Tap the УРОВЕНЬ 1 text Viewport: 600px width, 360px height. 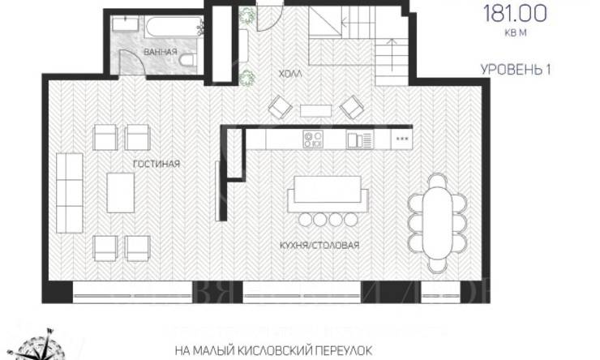tap(516, 70)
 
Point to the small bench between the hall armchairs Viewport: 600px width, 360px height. tap(311, 109)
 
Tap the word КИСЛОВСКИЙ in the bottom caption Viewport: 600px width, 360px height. tap(285, 351)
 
